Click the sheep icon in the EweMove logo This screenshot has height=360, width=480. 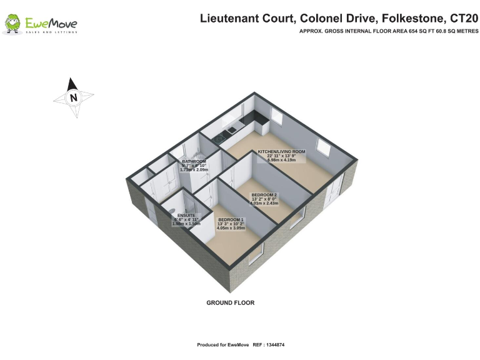pyautogui.click(x=12, y=24)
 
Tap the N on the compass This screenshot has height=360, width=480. pyautogui.click(x=74, y=97)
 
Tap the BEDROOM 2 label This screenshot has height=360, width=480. pyautogui.click(x=264, y=195)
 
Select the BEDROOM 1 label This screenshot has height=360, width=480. pyautogui.click(x=231, y=220)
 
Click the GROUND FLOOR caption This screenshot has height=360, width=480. pyautogui.click(x=231, y=302)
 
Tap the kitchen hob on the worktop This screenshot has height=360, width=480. pyautogui.click(x=219, y=137)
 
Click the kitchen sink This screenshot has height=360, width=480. pyautogui.click(x=232, y=130)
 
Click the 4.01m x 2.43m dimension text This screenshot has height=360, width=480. pyautogui.click(x=264, y=203)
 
